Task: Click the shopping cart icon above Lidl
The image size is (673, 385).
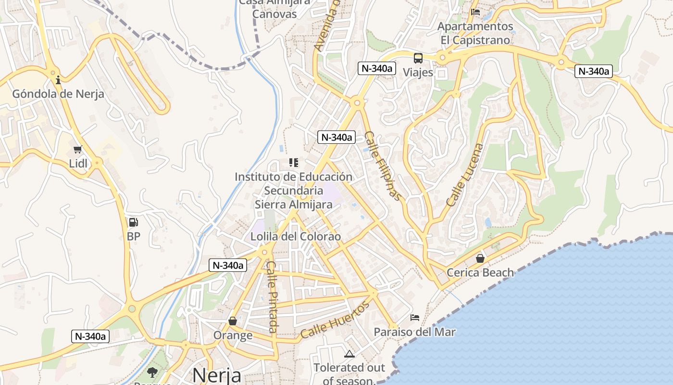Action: [x=77, y=150]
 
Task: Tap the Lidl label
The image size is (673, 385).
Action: [x=78, y=164]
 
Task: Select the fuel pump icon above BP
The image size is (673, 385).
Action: [x=133, y=222]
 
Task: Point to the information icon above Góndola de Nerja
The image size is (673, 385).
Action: [x=58, y=80]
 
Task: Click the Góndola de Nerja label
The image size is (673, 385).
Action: [x=58, y=94]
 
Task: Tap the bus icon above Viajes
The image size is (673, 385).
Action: [x=418, y=58]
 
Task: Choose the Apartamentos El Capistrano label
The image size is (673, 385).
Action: [x=475, y=33]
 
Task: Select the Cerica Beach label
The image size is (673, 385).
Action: [x=480, y=273]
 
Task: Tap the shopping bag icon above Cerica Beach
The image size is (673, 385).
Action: [x=480, y=258]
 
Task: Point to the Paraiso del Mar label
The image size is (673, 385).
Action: [x=415, y=332]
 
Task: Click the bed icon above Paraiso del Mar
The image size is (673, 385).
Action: [x=415, y=318]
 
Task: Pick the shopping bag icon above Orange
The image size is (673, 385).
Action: [x=233, y=321]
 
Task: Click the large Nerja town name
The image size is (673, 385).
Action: [x=216, y=374]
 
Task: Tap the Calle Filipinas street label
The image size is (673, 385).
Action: [x=383, y=166]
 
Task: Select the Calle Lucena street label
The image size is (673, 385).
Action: [x=464, y=175]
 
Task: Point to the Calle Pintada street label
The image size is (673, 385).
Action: [x=273, y=297]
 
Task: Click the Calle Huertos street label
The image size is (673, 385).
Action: [x=336, y=320]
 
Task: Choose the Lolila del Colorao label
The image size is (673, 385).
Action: [x=296, y=236]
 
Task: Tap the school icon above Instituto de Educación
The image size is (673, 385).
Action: [x=293, y=163]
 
